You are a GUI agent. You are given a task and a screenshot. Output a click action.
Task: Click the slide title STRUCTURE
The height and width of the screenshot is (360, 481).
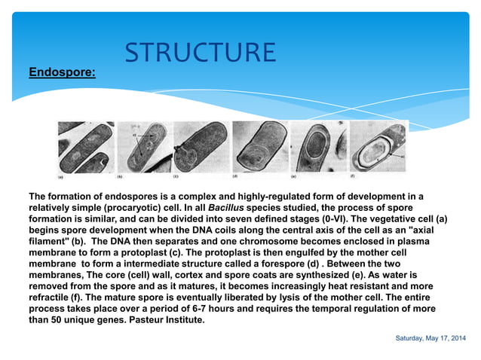pos(201,53)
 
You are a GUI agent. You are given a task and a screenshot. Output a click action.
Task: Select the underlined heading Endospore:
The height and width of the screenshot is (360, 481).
pos(62,73)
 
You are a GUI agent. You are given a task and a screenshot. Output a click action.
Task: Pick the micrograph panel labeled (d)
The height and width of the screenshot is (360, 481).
pos(259,147)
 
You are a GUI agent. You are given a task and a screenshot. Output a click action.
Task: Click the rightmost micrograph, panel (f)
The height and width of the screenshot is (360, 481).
pos(377,147)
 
